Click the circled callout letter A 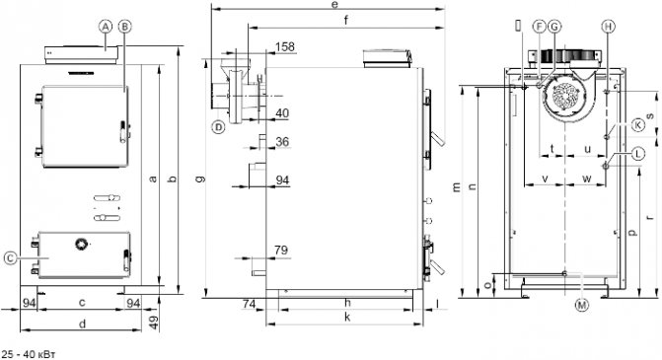pyautogui.click(x=106, y=27)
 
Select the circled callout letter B pyautogui.click(x=124, y=27)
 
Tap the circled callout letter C pyautogui.click(x=11, y=257)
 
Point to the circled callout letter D pyautogui.click(x=218, y=126)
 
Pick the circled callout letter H pyautogui.click(x=608, y=27)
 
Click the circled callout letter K pyautogui.click(x=638, y=125)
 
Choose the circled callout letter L pyautogui.click(x=638, y=154)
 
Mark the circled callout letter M pyautogui.click(x=582, y=305)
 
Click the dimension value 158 pyautogui.click(x=285, y=46)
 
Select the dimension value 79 pyautogui.click(x=281, y=250)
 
